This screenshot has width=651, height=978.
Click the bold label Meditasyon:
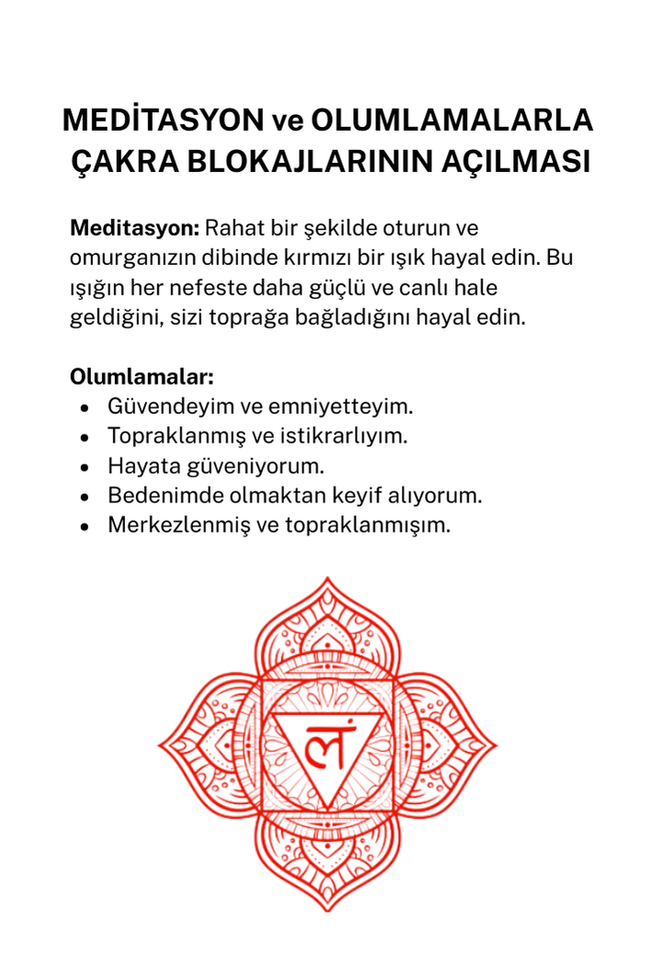click(134, 227)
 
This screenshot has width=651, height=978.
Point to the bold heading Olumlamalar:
click(142, 377)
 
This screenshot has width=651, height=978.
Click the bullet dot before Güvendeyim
click(85, 407)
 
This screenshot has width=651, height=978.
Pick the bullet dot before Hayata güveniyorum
click(85, 466)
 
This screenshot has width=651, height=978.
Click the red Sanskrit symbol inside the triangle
click(326, 747)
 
